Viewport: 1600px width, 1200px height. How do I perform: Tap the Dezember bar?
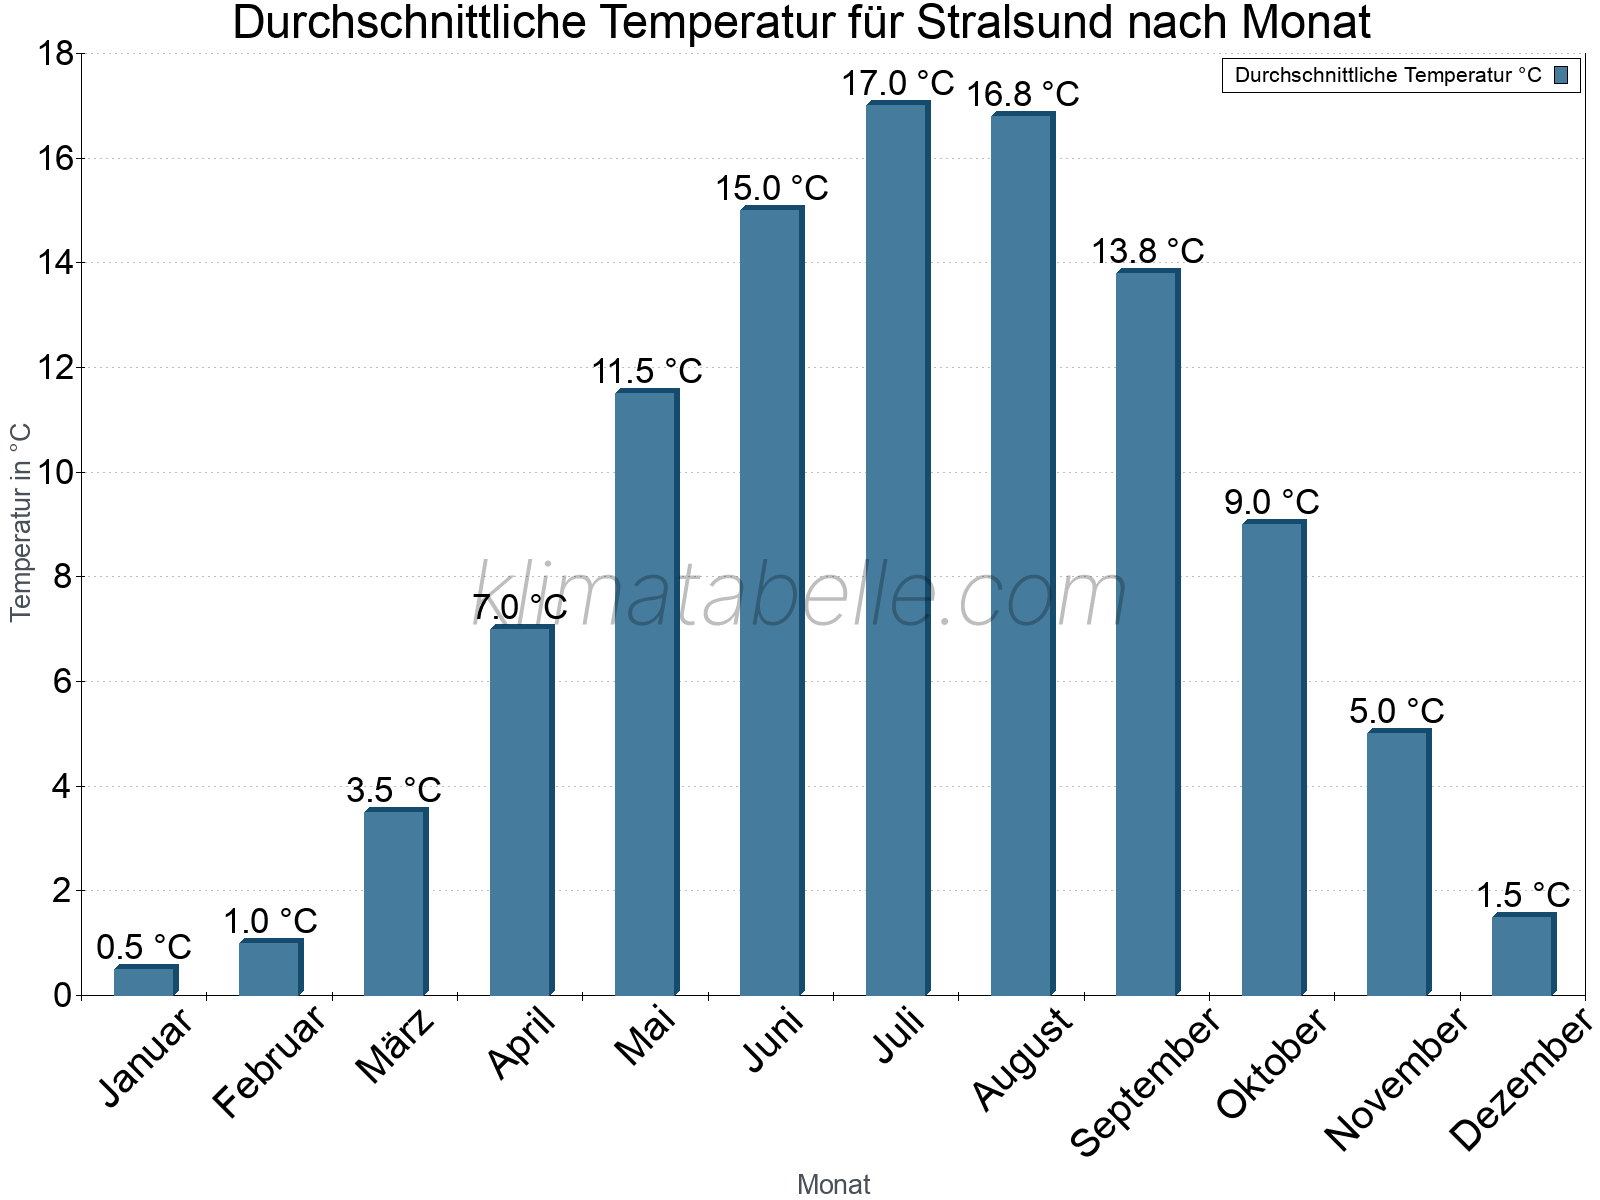pyautogui.click(x=1523, y=955)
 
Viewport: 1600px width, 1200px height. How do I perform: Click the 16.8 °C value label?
pyautogui.click(x=1023, y=94)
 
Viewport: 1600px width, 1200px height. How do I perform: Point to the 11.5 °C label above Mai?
pyautogui.click(x=647, y=372)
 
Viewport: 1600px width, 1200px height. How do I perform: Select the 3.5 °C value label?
pyautogui.click(x=394, y=790)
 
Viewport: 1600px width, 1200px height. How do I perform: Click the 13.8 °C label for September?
pyautogui.click(x=1148, y=251)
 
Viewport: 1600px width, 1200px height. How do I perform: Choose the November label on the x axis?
pyautogui.click(x=1396, y=1078)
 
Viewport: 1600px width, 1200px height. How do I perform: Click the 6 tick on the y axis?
pyautogui.click(x=62, y=682)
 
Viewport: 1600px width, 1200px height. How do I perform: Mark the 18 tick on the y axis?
pyautogui.click(x=55, y=53)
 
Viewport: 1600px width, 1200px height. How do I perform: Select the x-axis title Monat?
pyautogui.click(x=833, y=1184)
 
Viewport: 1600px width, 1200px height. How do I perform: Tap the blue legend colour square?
pyautogui.click(x=1561, y=75)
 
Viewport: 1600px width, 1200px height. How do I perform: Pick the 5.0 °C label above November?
pyautogui.click(x=1397, y=711)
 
